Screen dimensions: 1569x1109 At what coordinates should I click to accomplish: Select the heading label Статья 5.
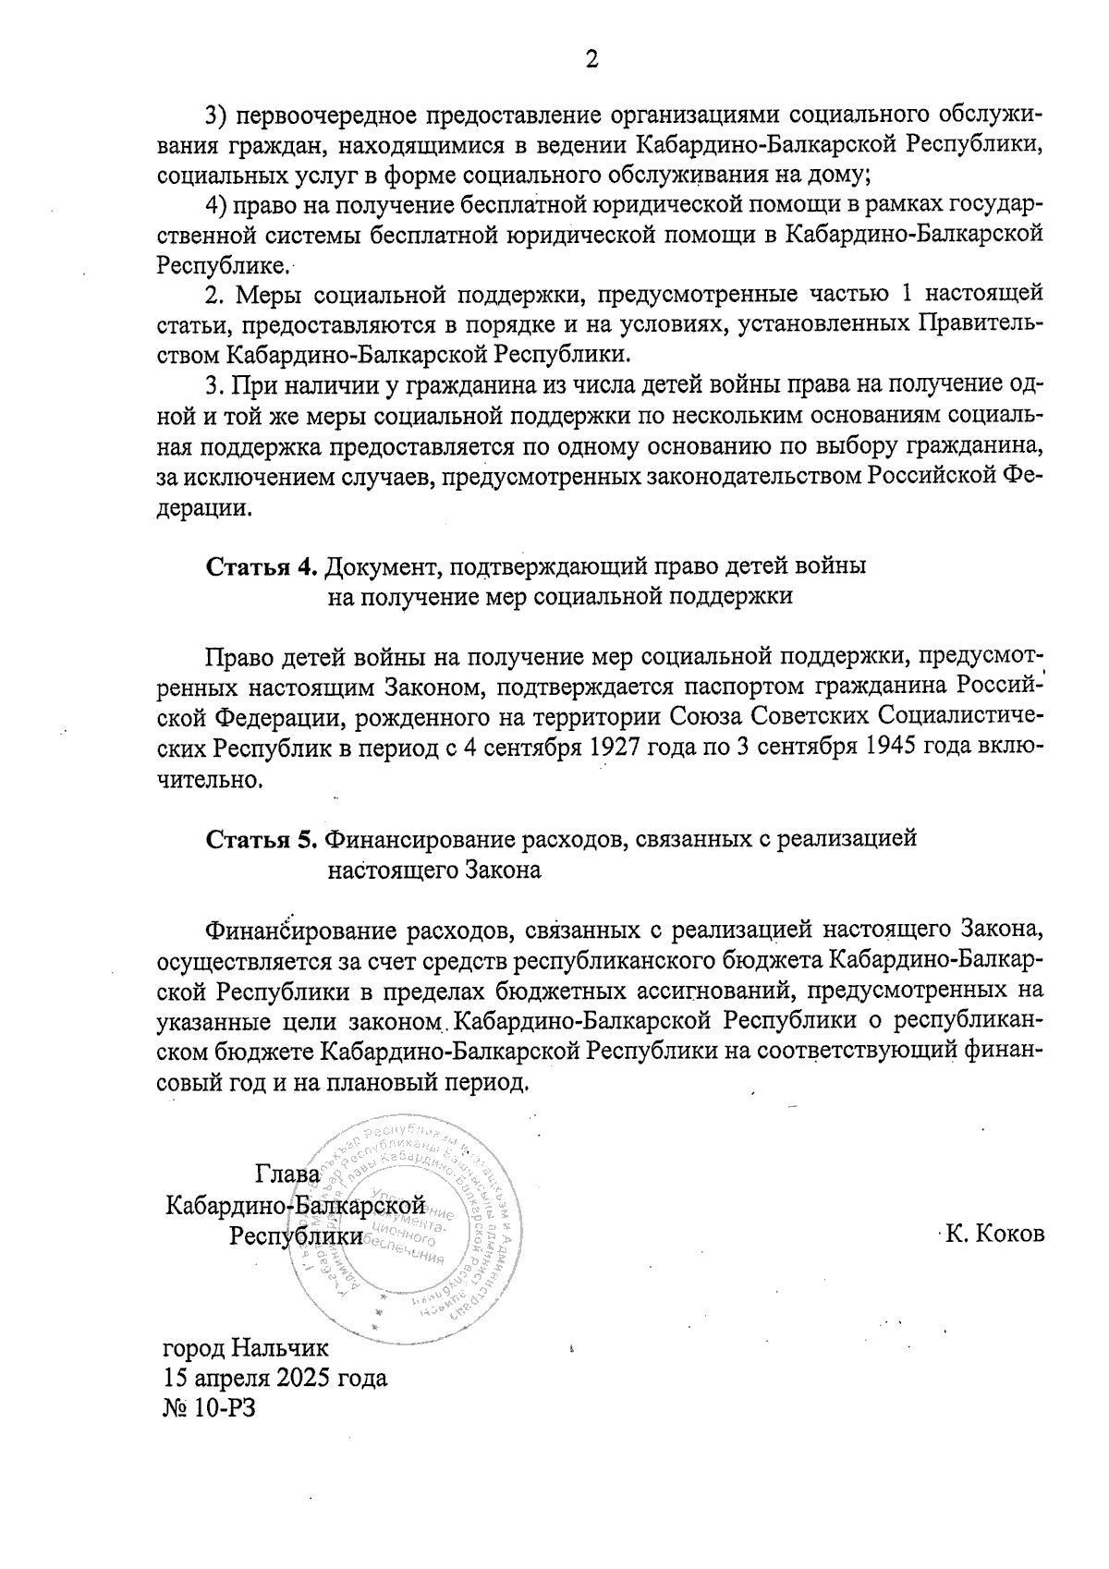point(262,838)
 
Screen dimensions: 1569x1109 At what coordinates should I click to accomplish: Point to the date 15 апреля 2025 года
point(274,1378)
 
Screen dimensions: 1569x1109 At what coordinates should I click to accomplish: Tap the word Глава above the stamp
point(287,1174)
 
